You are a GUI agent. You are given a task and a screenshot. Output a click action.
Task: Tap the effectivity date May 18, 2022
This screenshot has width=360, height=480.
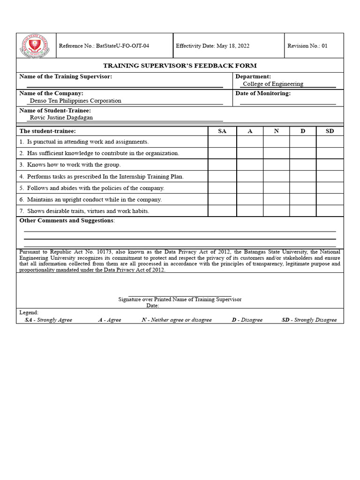[212, 46]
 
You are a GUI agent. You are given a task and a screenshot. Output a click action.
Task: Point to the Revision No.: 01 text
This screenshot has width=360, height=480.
[307, 46]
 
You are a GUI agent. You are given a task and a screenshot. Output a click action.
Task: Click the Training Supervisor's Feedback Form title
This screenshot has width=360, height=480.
[180, 66]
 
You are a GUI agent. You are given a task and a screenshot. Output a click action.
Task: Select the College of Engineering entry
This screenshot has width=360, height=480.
[273, 84]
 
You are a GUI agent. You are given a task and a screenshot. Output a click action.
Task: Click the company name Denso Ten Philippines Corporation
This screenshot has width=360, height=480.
[75, 101]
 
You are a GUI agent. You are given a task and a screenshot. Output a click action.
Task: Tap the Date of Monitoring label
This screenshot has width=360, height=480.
[263, 93]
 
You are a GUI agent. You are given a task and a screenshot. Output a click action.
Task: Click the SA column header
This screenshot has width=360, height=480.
[222, 131]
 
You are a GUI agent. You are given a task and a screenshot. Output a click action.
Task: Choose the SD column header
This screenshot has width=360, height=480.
[330, 131]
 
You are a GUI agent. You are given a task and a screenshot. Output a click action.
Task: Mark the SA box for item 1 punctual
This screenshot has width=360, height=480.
[222, 142]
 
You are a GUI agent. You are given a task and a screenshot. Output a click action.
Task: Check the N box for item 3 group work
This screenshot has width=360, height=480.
[276, 165]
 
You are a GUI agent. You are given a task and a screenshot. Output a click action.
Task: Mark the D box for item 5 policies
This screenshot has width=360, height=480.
[302, 188]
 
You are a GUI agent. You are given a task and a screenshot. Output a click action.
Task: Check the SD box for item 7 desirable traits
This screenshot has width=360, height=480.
[330, 211]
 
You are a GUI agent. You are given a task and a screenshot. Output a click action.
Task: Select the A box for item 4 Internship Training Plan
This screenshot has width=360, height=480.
[250, 176]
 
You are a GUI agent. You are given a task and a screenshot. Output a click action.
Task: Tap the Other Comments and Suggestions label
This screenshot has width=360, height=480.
[67, 220]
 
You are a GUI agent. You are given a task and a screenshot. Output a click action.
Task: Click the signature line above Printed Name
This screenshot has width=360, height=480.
[180, 295]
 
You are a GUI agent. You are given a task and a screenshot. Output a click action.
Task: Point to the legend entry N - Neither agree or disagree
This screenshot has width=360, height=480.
[176, 320]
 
